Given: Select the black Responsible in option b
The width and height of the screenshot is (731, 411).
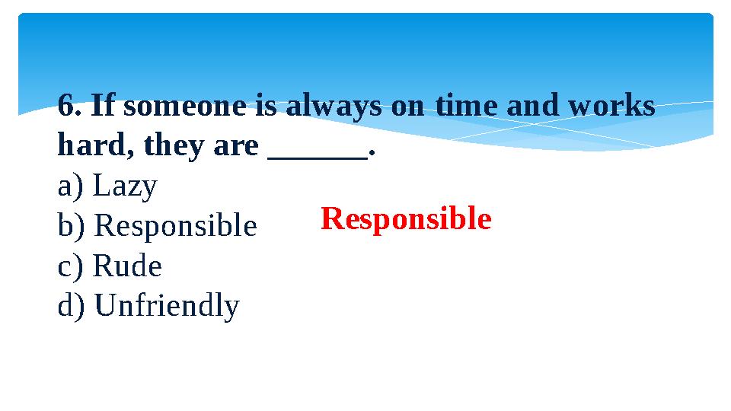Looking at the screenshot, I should coord(176,227).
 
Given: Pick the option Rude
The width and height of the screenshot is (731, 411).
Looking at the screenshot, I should coord(127,267).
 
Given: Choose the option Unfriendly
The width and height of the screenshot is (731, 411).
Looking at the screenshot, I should coord(168,307).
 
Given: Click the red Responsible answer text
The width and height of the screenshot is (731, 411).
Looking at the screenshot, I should coord(406,220).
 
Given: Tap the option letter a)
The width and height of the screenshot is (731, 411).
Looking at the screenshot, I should coord(72,186).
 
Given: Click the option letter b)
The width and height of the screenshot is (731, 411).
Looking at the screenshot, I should coord(73,227).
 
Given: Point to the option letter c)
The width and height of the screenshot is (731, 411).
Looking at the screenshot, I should coord(72,267).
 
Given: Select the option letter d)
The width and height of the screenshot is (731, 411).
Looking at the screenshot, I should coord(73,307).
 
